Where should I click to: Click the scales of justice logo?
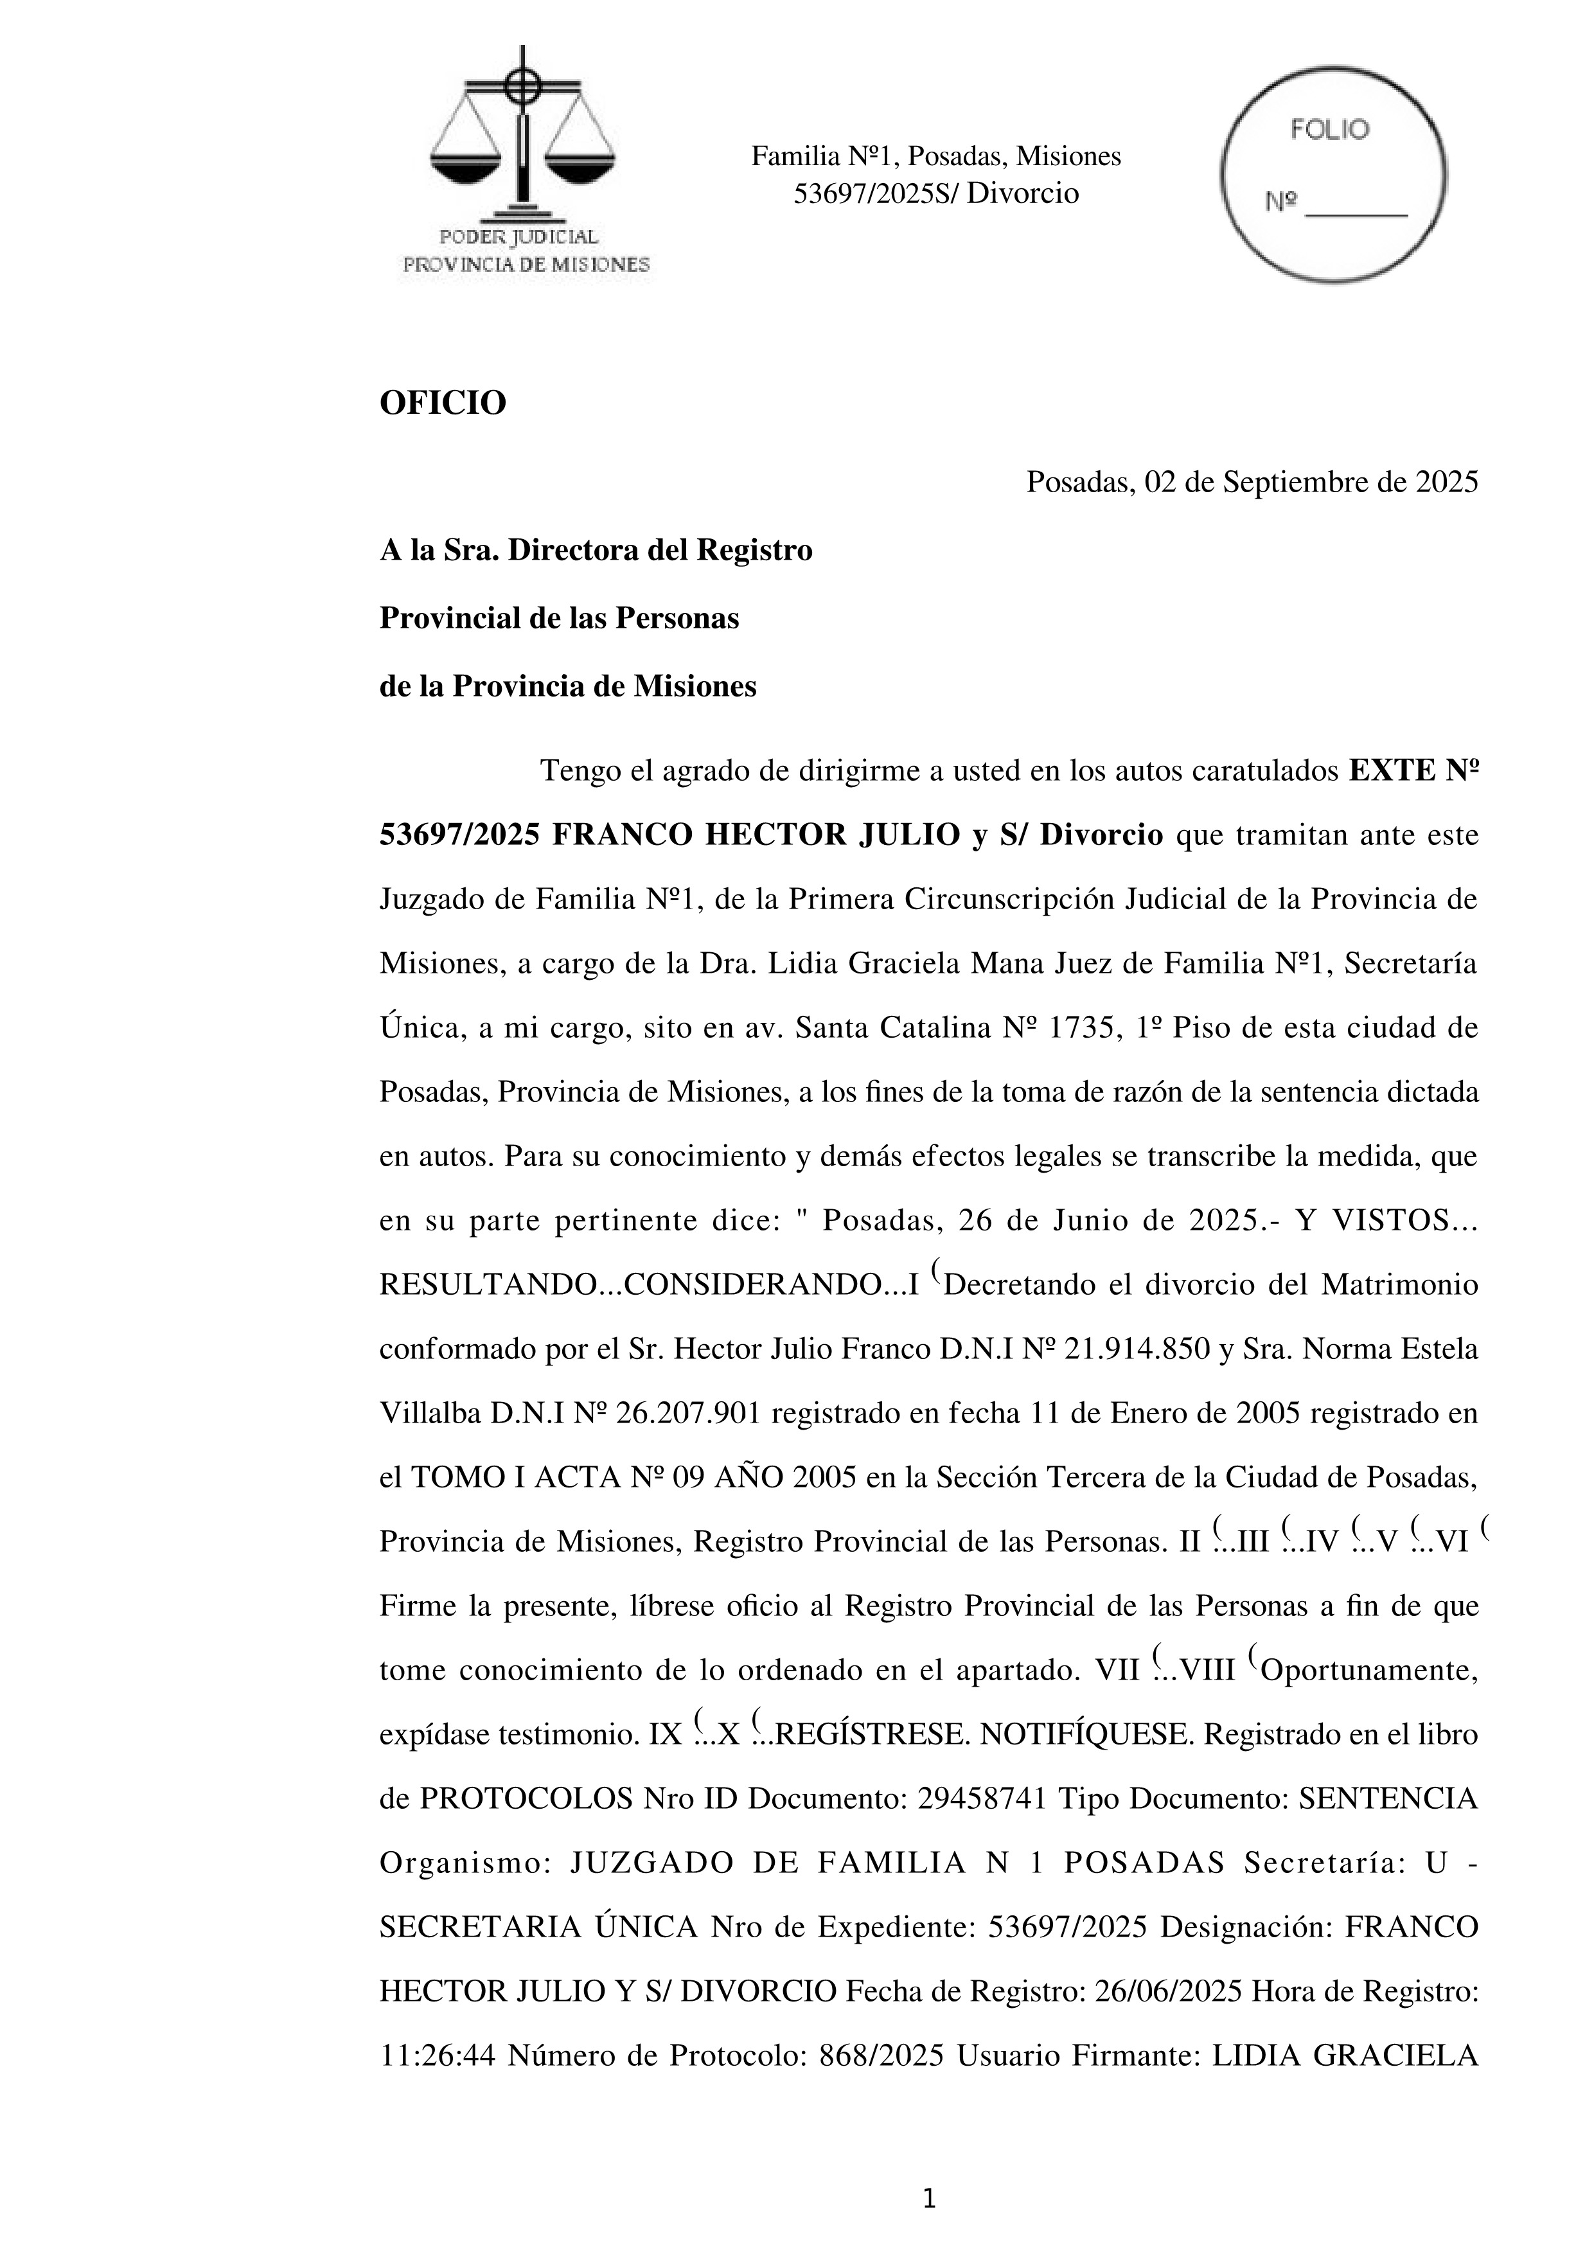522,138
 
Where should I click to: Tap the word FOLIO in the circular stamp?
1330,130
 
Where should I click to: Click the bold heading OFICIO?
443,402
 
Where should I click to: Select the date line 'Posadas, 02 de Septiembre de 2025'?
1252,482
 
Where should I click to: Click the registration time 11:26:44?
437,2055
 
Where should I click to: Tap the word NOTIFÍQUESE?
1086,1735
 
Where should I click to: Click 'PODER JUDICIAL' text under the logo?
519,236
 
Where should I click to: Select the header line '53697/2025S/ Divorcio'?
935,193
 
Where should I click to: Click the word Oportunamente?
1369,1670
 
